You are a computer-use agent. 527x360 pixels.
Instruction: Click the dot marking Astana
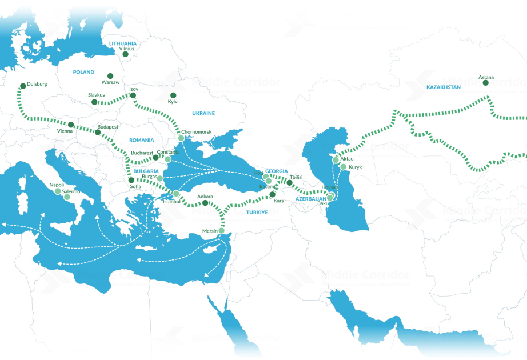point(485,83)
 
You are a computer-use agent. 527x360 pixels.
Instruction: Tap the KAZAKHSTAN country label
point(443,87)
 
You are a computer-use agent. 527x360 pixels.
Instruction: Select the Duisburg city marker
point(23,86)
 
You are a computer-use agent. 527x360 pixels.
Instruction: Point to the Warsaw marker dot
point(110,75)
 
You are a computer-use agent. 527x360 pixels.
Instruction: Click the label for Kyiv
point(173,102)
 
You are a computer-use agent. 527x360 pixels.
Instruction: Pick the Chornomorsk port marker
point(181,138)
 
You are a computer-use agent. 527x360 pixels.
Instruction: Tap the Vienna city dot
point(70,125)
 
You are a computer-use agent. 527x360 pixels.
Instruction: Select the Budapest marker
point(98,133)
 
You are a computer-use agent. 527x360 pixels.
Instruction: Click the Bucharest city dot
point(156,157)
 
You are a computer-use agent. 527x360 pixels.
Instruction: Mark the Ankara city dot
point(206,202)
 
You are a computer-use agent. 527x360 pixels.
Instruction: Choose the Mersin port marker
point(222,231)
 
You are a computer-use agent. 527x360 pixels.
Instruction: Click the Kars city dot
point(272,194)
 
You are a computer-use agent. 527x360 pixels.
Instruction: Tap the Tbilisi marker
point(290,183)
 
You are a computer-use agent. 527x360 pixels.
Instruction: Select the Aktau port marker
point(336,160)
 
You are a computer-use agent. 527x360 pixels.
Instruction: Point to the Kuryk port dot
point(343,167)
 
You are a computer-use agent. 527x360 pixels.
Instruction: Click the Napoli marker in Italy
point(57,191)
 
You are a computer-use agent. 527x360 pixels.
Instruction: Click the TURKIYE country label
point(257,212)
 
